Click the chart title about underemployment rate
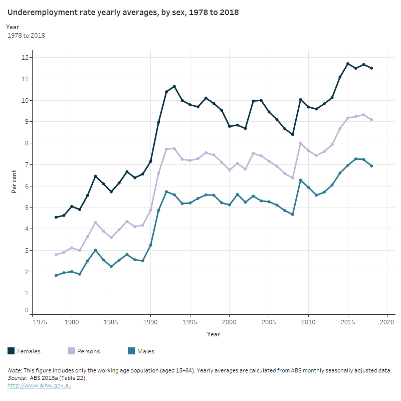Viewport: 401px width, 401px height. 123,12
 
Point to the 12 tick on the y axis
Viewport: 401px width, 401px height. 24,58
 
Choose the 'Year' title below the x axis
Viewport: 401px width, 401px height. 213,334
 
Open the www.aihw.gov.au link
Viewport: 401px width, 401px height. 39,386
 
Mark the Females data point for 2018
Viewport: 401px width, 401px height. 371,68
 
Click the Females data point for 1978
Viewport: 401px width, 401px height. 56,217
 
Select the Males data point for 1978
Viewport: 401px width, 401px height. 56,276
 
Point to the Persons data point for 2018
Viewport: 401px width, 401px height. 371,120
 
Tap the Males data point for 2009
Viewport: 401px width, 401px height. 300,180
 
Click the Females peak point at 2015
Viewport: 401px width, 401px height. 348,64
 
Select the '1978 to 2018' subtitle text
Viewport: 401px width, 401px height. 27,36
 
